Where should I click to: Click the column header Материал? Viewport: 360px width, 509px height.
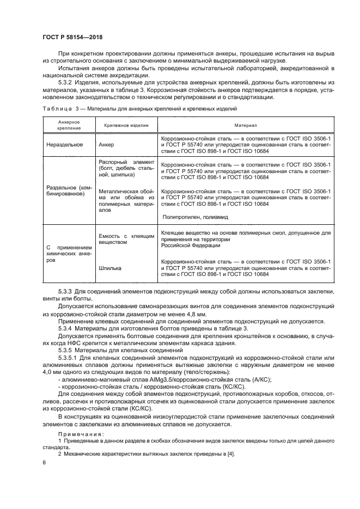pyautogui.click(x=245, y=125)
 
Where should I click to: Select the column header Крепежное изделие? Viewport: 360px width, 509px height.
pyautogui.click(x=121, y=125)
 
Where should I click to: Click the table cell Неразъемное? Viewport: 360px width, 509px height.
pyautogui.click(x=64, y=145)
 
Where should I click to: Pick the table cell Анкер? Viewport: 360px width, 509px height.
pyautogui.click(x=107, y=145)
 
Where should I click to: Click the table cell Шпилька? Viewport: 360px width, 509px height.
pyautogui.click(x=110, y=268)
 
